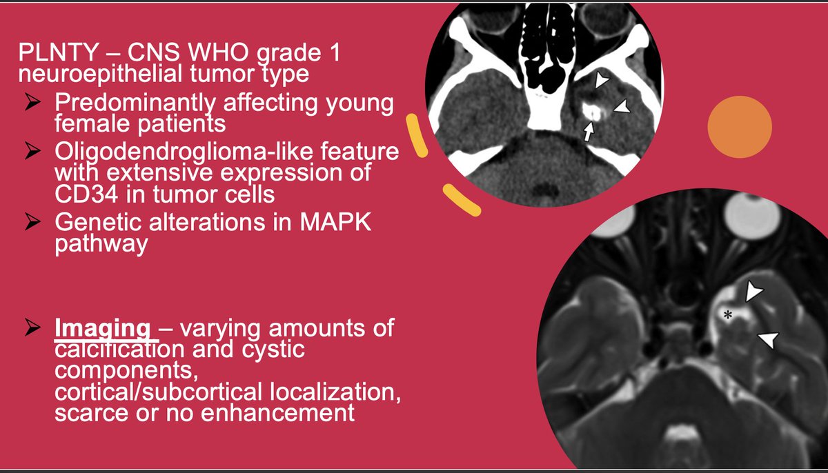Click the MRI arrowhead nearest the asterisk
754,292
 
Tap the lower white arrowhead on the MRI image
768,339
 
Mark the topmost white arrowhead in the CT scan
602,81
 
